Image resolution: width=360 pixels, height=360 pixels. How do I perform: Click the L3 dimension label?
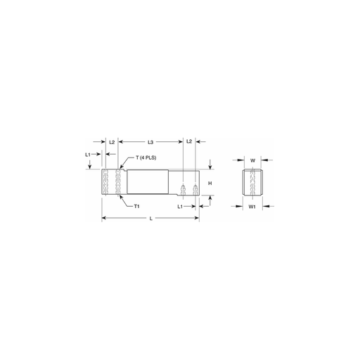click(150, 142)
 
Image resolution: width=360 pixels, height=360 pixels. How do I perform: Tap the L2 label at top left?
click(112, 142)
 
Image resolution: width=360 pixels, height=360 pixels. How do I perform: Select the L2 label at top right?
click(189, 141)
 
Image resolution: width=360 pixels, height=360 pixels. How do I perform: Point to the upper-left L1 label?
click(87, 155)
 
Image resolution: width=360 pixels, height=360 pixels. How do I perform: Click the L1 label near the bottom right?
click(180, 207)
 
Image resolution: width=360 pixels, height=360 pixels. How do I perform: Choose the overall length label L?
click(151, 219)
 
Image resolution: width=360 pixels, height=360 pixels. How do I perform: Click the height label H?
click(210, 184)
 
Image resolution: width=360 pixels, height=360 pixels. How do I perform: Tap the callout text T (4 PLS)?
click(146, 157)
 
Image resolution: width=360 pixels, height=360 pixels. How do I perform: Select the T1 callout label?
click(136, 206)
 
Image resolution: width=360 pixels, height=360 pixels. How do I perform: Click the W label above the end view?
click(252, 160)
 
